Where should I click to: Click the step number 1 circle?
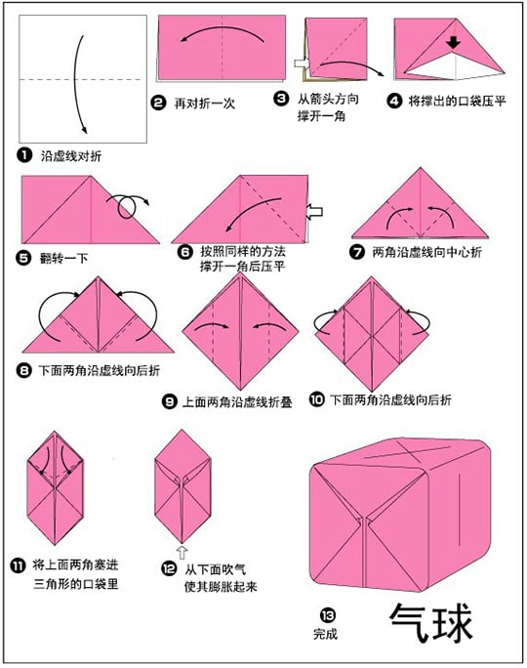[24, 155]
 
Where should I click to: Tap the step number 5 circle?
[23, 258]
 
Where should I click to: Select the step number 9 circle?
[170, 401]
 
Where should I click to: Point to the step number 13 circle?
[328, 614]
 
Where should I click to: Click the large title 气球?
[430, 622]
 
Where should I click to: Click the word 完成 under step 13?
[326, 634]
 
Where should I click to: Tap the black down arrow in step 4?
[454, 42]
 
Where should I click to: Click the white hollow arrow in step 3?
[303, 63]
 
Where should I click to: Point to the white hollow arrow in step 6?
[314, 212]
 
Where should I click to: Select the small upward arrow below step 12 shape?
[182, 552]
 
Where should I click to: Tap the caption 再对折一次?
[205, 104]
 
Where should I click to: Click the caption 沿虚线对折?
[71, 156]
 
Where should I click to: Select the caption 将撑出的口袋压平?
[457, 102]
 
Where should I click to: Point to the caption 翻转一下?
[63, 258]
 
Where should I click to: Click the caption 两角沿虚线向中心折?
[426, 252]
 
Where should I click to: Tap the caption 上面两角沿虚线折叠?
[237, 401]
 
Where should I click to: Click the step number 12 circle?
[169, 567]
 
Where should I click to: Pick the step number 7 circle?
[357, 252]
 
